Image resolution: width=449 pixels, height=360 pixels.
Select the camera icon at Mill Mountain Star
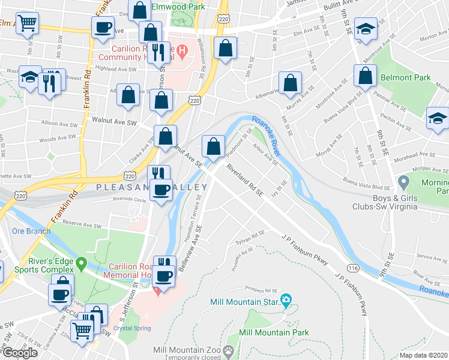tap(286, 299)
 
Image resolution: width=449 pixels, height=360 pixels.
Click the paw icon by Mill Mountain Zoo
tap(228, 350)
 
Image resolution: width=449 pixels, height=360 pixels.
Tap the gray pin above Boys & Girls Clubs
tap(404, 181)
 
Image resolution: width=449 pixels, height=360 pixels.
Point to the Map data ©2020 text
tap(424, 355)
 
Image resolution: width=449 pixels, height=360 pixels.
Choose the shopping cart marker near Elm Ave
tap(27, 23)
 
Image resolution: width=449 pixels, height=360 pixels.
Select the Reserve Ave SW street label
tap(82, 224)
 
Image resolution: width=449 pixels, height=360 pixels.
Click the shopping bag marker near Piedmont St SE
tap(213, 146)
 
